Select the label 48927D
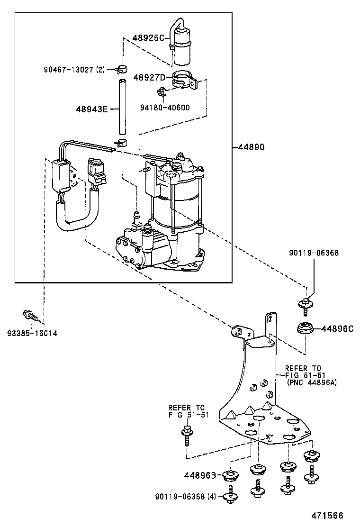[149, 77]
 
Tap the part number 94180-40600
[165, 108]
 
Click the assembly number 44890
[249, 147]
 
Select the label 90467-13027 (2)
[74, 70]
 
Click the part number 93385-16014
[33, 333]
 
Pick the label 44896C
[338, 328]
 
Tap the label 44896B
[200, 475]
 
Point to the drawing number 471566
[327, 516]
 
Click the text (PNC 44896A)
[312, 383]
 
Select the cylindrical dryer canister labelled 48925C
[182, 46]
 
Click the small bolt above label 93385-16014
[29, 314]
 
